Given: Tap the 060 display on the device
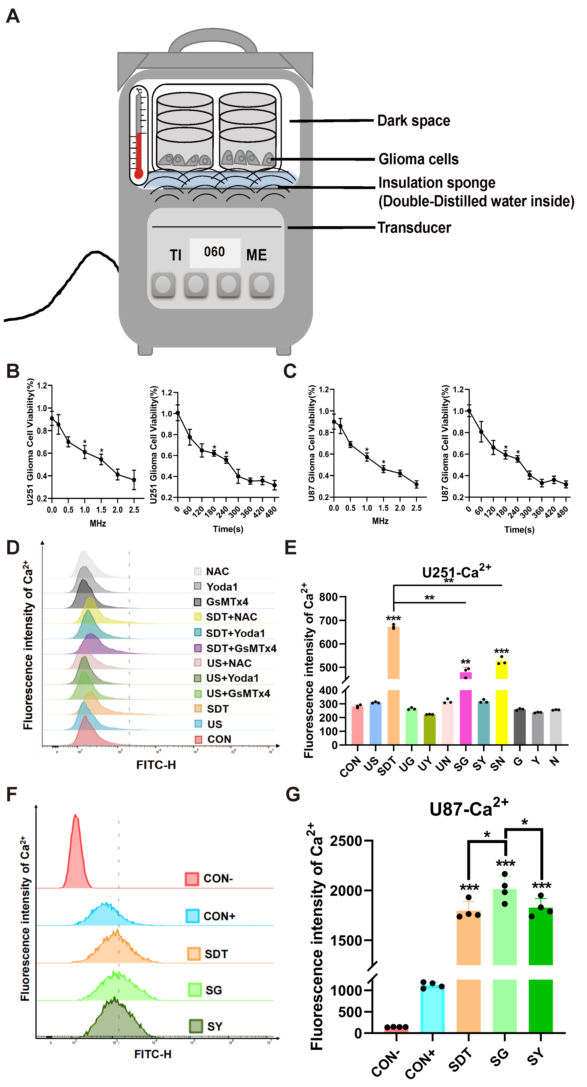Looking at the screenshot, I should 215,252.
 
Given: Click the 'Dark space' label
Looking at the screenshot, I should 413,121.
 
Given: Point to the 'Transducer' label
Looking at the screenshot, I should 414,228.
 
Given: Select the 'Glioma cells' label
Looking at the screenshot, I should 418,160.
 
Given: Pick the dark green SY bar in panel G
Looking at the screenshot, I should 540,971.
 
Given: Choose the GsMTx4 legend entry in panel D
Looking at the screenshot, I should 227,602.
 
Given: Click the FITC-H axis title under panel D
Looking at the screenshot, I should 156,765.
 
